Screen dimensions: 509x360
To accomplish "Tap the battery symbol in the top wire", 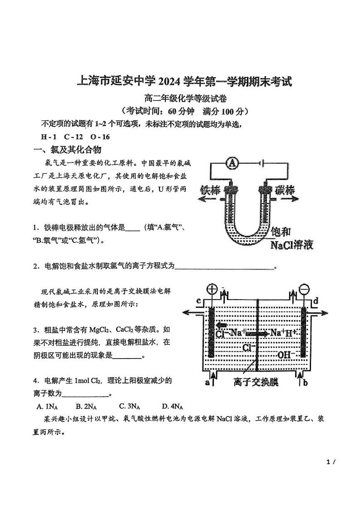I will pyautogui.click(x=259, y=163).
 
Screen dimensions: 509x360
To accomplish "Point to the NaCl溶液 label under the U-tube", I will pyautogui.click(x=292, y=245).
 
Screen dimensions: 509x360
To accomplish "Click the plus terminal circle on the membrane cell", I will pyautogui.click(x=212, y=289).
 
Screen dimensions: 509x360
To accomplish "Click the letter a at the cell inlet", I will pyautogui.click(x=207, y=383).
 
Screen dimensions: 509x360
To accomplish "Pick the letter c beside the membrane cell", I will pyautogui.click(x=199, y=301).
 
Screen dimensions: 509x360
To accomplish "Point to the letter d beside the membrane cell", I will pyautogui.click(x=316, y=300).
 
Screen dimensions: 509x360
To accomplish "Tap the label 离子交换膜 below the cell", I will pyautogui.click(x=256, y=383).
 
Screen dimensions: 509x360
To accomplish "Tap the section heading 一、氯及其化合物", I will pyautogui.click(x=68, y=150).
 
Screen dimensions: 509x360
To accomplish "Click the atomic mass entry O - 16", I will pyautogui.click(x=100, y=136).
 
